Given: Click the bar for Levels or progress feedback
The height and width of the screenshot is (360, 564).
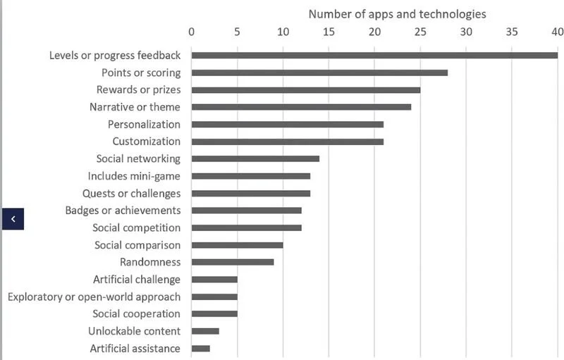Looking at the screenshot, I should [374, 56].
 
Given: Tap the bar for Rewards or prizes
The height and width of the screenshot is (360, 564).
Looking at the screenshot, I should [305, 90].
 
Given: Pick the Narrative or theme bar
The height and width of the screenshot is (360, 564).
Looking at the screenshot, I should [301, 107].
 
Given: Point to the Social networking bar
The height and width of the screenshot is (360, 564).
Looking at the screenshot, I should [255, 159].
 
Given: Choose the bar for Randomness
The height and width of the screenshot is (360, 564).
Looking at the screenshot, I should [232, 262].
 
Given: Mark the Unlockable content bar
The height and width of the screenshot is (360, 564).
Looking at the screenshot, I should [205, 331].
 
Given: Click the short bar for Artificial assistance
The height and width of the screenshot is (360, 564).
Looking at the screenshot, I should [200, 348].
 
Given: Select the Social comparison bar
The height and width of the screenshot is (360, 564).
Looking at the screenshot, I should [237, 245].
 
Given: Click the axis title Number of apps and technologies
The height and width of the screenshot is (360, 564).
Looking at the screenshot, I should [397, 13].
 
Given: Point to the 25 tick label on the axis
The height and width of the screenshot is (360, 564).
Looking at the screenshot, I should [420, 31].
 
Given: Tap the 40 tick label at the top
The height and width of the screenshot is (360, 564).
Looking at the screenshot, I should [557, 31].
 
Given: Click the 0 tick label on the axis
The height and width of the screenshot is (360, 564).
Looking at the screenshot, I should [191, 31].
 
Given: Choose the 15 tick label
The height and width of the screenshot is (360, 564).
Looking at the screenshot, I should [329, 31].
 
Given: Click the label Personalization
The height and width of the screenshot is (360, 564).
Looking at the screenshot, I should [144, 124].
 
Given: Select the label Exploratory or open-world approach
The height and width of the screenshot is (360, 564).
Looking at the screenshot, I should [94, 297].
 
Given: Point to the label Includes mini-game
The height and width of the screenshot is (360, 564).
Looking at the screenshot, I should [134, 176].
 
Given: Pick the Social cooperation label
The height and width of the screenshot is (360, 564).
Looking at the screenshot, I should [136, 314].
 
